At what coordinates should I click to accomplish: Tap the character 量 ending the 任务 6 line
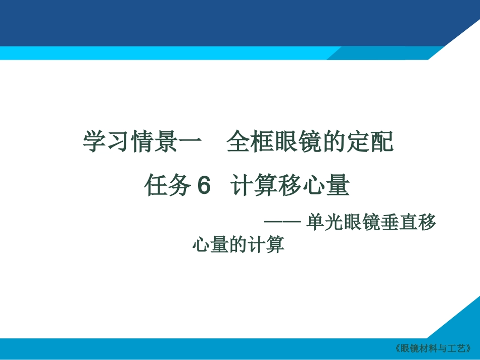pos(338,186)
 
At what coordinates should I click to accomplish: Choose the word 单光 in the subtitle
pos(323,223)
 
